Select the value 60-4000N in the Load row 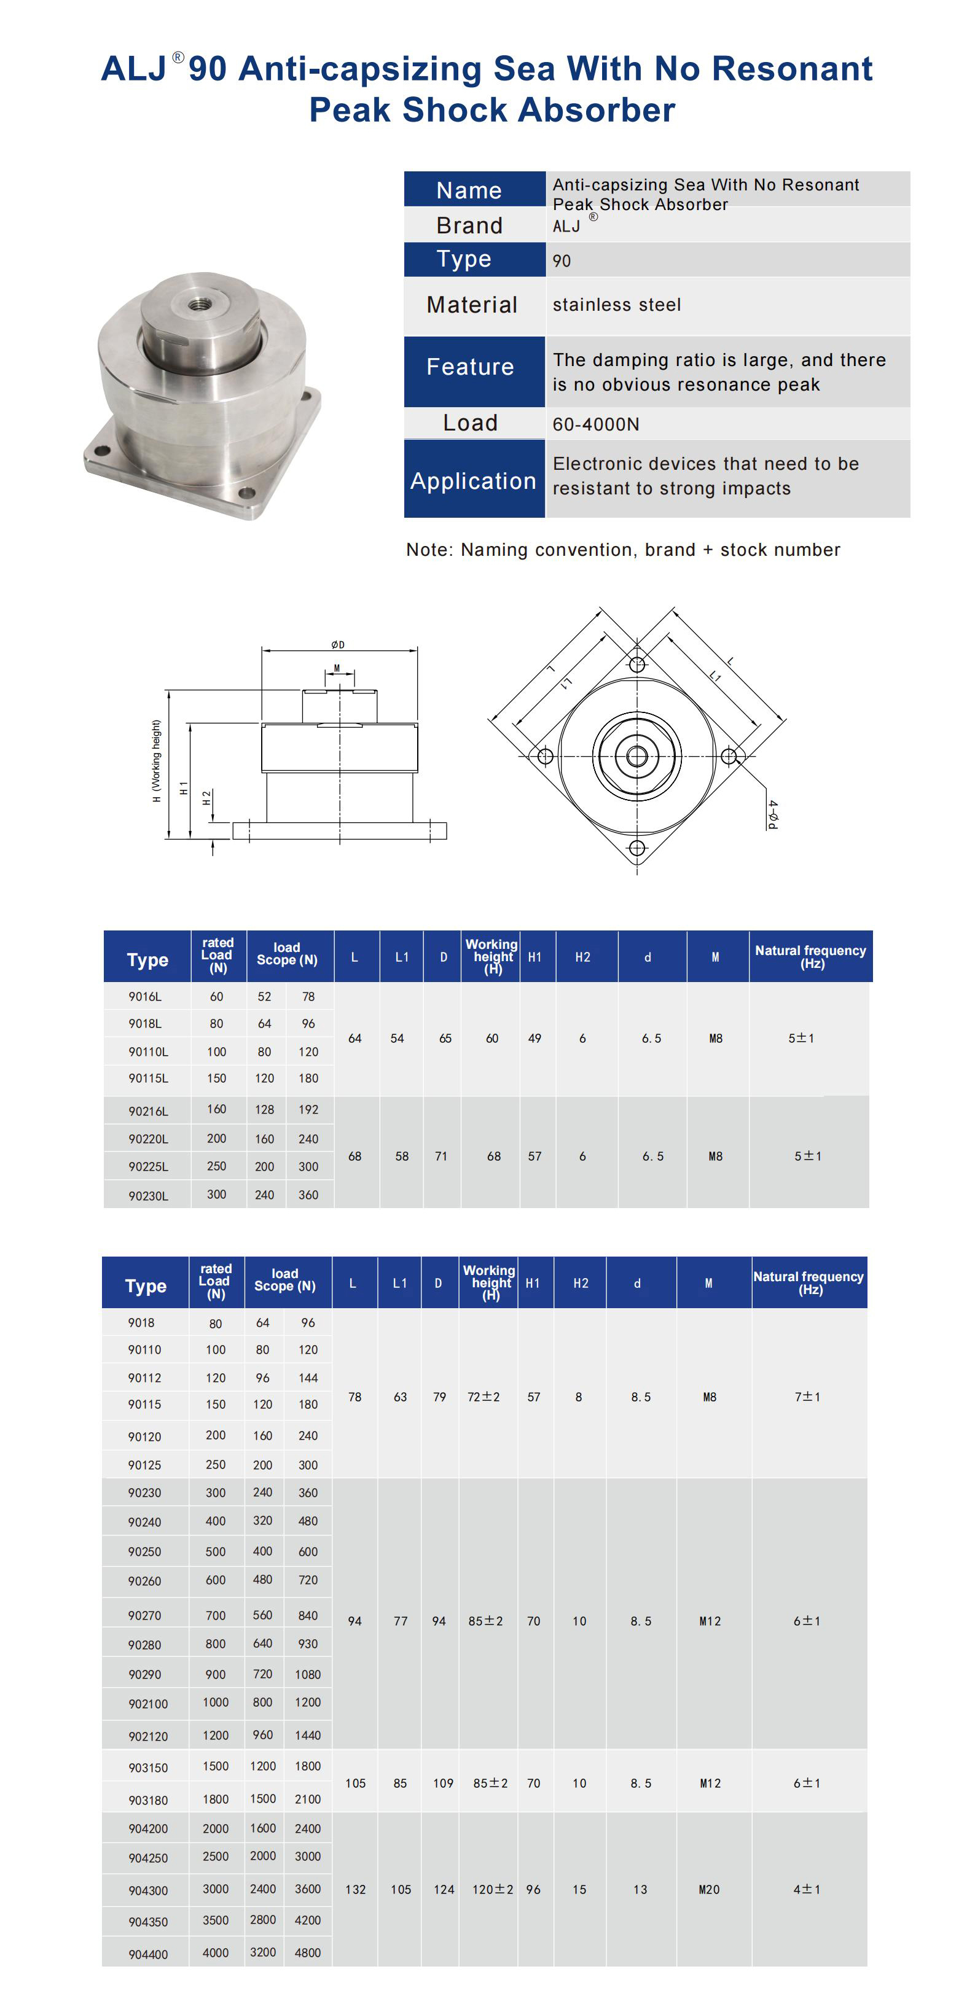(x=595, y=424)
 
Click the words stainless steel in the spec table (x=616, y=305)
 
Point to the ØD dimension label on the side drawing (x=337, y=644)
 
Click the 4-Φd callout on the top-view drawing (x=772, y=814)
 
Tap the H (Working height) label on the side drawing (x=156, y=761)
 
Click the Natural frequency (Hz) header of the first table (x=810, y=956)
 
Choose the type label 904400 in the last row (x=147, y=1954)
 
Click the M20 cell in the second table (x=708, y=1889)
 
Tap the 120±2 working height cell (x=492, y=1889)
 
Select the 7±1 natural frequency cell (x=807, y=1397)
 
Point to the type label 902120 (x=147, y=1736)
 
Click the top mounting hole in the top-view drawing (x=636, y=665)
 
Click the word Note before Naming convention (x=428, y=550)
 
